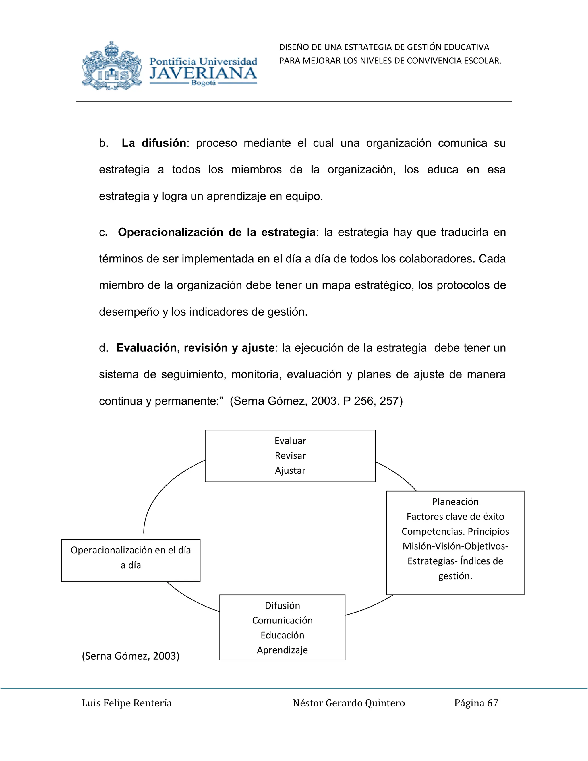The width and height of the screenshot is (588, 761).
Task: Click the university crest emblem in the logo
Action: (112, 66)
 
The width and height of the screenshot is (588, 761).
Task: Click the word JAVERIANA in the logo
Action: (204, 74)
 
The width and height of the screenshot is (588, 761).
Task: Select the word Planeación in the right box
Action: (455, 502)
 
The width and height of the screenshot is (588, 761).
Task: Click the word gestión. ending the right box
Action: (455, 576)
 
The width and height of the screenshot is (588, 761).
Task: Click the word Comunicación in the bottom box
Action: (282, 620)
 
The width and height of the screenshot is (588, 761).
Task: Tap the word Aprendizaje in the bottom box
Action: (282, 650)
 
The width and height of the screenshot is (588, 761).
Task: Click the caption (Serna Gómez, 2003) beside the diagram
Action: (131, 656)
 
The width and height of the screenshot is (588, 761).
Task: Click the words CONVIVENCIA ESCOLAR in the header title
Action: (454, 61)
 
